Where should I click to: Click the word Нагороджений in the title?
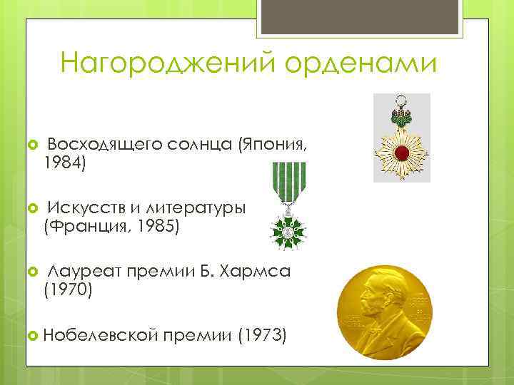(168, 64)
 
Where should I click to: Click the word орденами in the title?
(361, 64)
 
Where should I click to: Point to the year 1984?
(64, 164)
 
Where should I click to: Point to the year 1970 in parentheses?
(68, 289)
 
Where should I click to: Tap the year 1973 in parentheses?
(262, 333)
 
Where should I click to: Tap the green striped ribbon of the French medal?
(286, 183)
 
